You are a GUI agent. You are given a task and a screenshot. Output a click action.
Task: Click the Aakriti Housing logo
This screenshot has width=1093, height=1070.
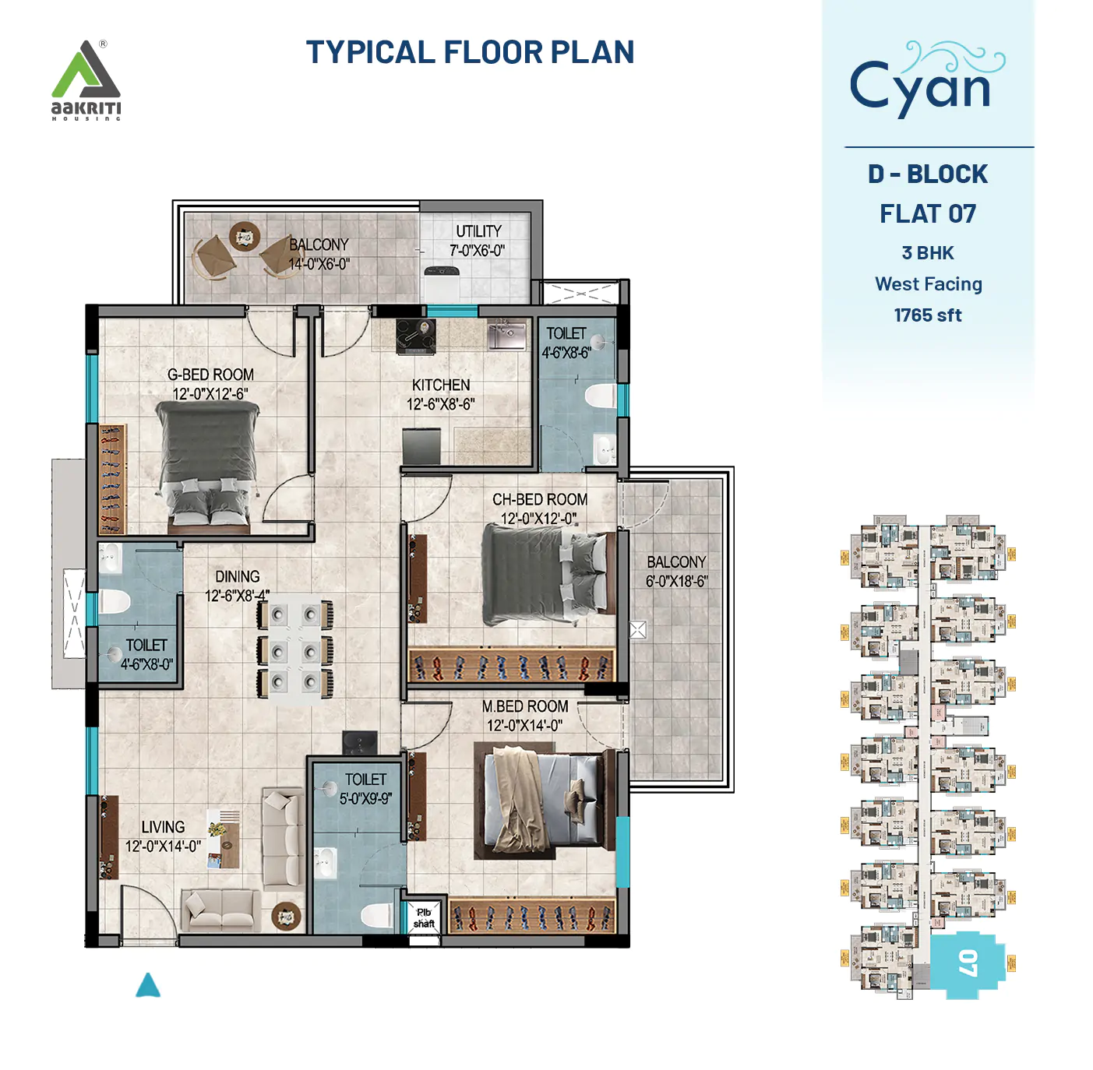tap(86, 80)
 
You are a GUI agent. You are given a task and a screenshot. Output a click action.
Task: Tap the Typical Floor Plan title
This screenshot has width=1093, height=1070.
tap(470, 52)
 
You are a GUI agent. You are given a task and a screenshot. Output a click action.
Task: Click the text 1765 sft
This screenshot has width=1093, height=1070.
tap(927, 315)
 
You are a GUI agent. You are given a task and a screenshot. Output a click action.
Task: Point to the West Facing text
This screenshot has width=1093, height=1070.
tap(928, 284)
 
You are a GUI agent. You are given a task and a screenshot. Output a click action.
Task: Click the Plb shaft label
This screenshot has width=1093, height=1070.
tap(424, 918)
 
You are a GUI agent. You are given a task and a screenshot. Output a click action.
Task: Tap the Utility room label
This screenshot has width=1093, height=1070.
tap(478, 231)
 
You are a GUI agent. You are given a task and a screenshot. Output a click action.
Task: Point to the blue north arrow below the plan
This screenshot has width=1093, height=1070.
tap(148, 986)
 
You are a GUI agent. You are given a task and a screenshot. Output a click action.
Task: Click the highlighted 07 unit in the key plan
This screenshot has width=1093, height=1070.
tap(967, 963)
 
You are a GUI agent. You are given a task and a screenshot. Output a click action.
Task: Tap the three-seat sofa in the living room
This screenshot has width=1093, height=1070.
tap(282, 839)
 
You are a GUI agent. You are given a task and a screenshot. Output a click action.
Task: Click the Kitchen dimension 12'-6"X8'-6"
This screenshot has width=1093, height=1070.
tap(440, 404)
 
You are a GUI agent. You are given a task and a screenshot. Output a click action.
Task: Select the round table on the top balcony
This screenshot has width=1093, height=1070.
tap(245, 235)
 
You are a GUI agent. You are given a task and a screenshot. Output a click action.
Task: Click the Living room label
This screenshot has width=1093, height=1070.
tap(163, 827)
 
